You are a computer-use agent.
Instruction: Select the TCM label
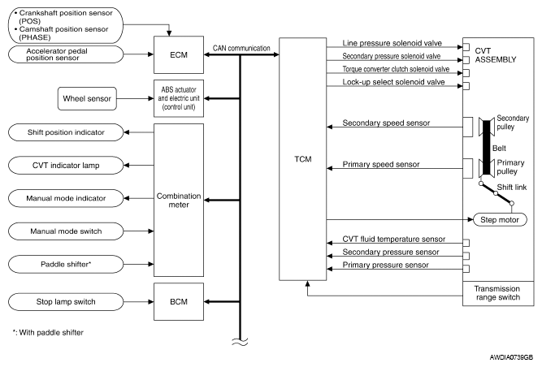[303, 159]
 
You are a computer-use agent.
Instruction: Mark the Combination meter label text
[179, 201]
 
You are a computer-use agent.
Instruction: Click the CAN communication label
[241, 48]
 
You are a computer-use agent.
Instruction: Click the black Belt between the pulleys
[487, 148]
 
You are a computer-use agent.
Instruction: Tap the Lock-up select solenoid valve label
[393, 82]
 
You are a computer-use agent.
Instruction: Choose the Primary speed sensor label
[381, 164]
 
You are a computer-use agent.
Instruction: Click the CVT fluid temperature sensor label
[394, 239]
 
